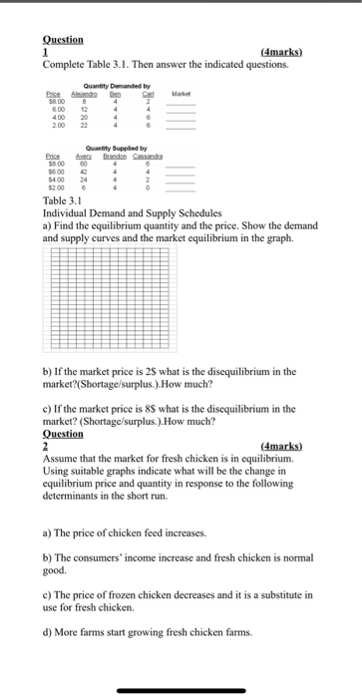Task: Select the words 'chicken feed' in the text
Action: pyautogui.click(x=134, y=534)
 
